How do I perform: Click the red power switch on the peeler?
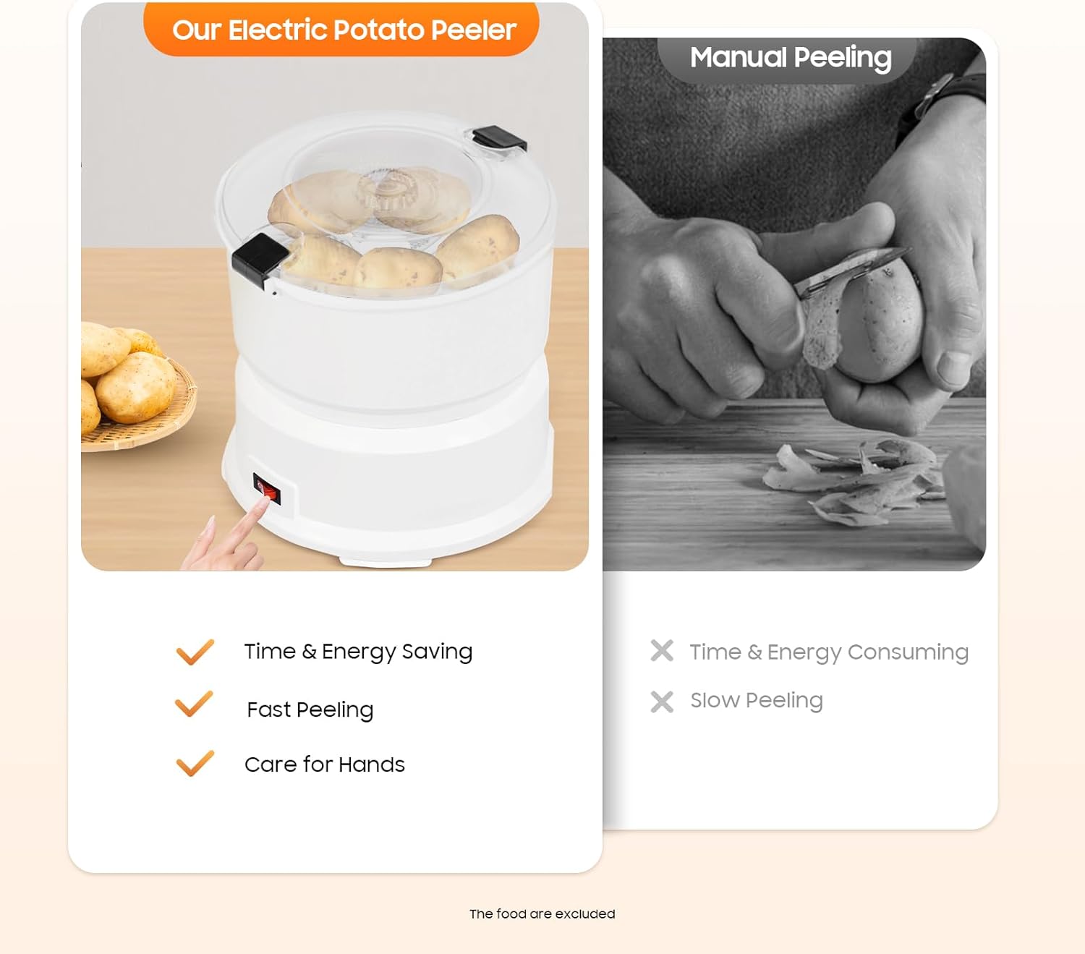click(267, 489)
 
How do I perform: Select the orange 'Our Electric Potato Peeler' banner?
click(341, 29)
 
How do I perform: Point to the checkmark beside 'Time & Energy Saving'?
click(195, 652)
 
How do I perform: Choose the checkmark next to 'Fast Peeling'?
click(194, 704)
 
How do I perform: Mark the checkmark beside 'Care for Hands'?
click(195, 763)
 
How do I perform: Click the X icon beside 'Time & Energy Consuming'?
click(662, 651)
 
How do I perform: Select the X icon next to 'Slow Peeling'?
click(662, 702)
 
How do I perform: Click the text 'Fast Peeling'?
click(310, 710)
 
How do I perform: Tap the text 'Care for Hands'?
click(324, 765)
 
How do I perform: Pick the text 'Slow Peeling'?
click(756, 700)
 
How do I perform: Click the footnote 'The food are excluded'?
click(542, 914)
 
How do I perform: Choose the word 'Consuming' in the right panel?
click(907, 652)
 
